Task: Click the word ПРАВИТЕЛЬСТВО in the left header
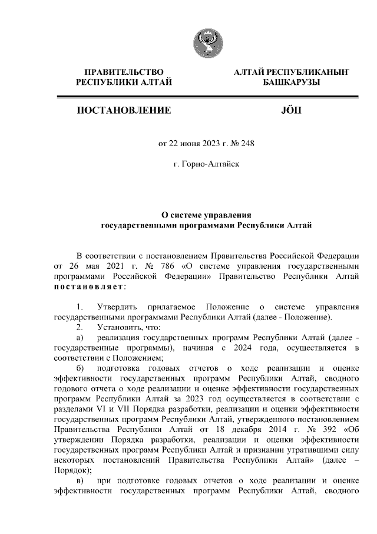124,72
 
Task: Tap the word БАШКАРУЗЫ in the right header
292,83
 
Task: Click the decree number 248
248,143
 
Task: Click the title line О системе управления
207,215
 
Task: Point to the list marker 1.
80,306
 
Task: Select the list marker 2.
80,327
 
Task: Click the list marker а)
80,337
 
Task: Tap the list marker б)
80,367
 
